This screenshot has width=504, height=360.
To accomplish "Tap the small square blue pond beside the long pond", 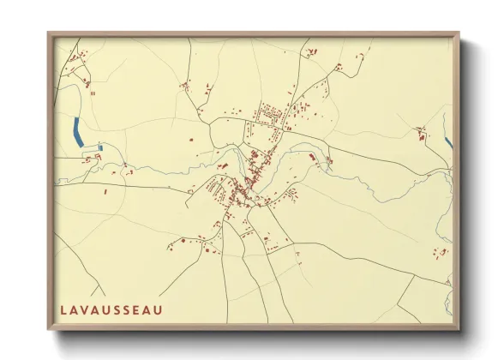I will [100, 147].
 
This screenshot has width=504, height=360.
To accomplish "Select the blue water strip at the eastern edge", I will [447, 141].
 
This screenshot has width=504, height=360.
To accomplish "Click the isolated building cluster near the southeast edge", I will [441, 253].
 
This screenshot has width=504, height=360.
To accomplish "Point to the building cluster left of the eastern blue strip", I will [421, 132].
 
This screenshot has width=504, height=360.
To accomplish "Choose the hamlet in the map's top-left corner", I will [80, 67].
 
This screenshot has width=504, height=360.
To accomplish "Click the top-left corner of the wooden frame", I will [49, 34].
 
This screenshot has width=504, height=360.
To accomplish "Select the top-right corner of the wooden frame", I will [458, 34].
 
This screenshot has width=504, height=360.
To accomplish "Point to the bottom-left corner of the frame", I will [49, 329].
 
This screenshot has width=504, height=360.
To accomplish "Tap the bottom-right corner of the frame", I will [458, 329].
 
